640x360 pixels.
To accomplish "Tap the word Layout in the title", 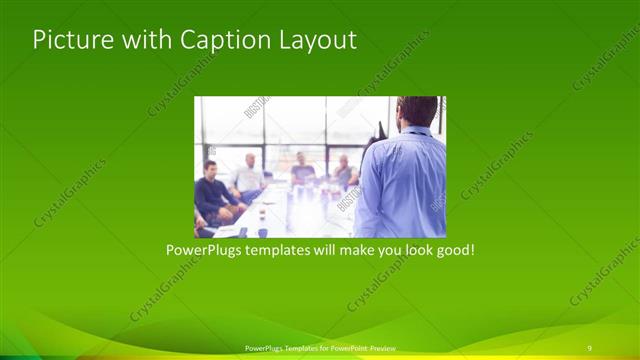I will [315, 41].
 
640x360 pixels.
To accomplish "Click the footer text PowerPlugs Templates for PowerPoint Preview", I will [319, 348].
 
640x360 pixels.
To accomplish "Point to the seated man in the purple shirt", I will [302, 170].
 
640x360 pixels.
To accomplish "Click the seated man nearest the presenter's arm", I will [343, 172].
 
